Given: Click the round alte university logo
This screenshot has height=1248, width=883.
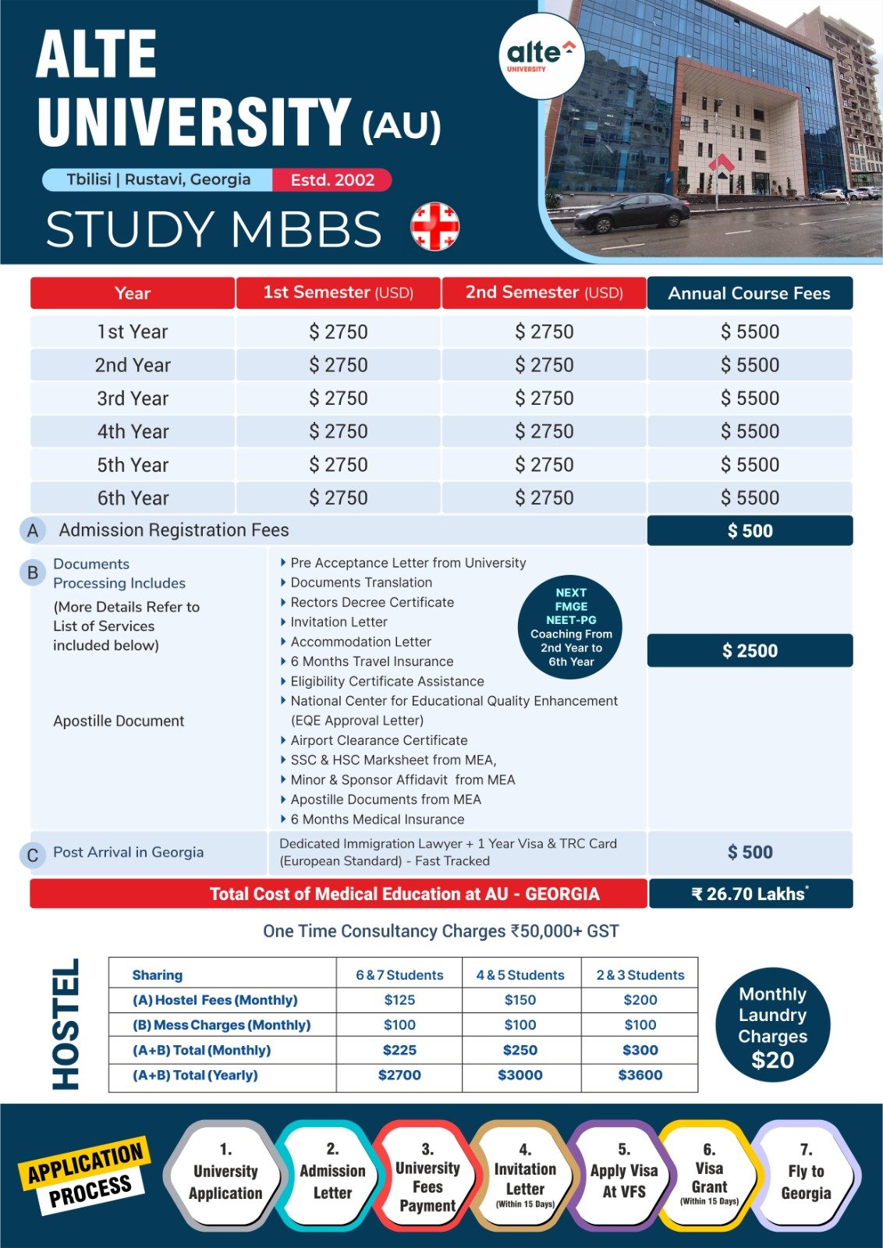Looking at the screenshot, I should [541, 56].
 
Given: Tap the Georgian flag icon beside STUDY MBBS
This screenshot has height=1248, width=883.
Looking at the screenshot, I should [434, 226].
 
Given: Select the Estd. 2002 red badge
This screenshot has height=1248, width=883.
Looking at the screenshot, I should [332, 180].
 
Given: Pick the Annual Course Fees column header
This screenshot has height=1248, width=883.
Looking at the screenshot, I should [749, 293].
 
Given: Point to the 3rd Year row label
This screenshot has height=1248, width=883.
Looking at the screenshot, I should [133, 399].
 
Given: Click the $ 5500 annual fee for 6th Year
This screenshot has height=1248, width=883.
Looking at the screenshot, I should [750, 498].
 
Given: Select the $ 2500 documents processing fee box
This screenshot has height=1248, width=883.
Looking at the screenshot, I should [750, 651].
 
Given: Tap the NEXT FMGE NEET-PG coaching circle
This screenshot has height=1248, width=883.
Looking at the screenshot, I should [571, 627].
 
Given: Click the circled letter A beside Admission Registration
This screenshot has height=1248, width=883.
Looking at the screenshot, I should [32, 531].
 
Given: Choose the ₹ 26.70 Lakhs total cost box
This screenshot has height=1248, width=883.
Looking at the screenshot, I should [750, 894].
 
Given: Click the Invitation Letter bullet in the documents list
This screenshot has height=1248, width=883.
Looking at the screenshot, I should [339, 622].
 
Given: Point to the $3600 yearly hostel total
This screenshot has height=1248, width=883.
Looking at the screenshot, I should [640, 1075].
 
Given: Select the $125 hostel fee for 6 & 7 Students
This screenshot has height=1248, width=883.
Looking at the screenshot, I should [399, 1000].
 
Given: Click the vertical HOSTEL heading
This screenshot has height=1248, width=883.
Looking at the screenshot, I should [66, 1023].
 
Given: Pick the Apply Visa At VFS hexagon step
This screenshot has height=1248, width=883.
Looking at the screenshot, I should [624, 1180].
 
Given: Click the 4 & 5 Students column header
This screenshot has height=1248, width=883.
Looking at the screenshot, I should [520, 975].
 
